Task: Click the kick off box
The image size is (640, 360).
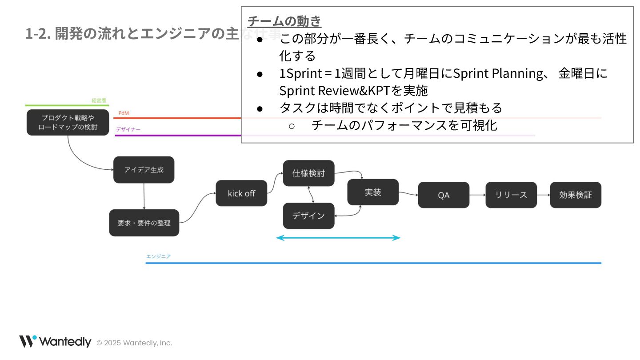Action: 241,193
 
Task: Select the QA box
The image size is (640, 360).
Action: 444,195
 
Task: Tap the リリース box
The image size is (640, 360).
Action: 511,195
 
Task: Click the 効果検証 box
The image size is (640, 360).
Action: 576,195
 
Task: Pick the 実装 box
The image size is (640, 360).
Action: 373,192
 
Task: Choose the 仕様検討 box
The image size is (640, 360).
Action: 308,173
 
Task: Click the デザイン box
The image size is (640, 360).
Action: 308,216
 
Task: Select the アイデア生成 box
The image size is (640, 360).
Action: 144,170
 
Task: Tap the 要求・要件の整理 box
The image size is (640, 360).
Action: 144,223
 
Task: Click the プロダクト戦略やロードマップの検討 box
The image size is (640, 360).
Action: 68,123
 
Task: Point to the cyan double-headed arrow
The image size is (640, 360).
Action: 338,238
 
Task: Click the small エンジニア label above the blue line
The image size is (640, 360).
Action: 159,256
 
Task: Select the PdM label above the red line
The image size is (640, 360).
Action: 124,113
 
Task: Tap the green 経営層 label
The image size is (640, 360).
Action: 99,100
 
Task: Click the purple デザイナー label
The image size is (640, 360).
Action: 128,129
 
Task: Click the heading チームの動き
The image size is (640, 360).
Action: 284,21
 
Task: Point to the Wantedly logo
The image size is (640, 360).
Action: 55,342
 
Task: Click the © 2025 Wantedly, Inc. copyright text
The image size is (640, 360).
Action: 134,343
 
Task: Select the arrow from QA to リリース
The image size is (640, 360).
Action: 477,195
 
